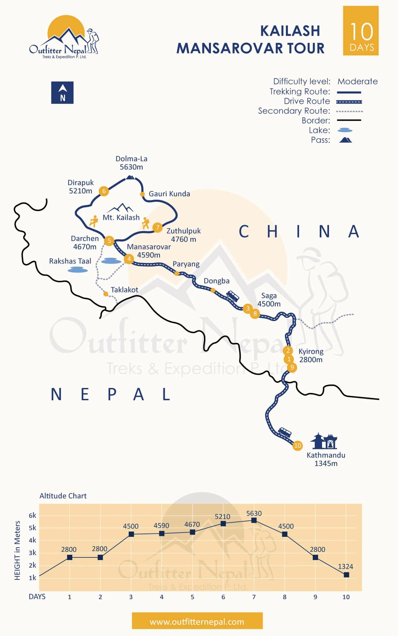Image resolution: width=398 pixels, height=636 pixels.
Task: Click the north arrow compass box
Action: click(x=62, y=93)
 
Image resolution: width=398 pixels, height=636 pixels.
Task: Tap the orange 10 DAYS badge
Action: click(x=361, y=31)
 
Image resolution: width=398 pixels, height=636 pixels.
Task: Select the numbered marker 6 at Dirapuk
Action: click(x=104, y=191)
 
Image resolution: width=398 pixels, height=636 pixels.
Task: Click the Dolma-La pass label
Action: click(x=131, y=163)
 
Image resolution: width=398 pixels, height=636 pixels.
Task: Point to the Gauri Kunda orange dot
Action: click(x=142, y=194)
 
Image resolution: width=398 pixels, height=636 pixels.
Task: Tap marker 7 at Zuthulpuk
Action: click(x=158, y=227)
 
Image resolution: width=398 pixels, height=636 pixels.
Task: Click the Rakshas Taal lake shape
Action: click(x=78, y=270)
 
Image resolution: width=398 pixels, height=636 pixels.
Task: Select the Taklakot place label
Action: click(x=124, y=290)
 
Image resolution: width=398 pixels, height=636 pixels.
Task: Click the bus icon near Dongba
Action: click(x=232, y=296)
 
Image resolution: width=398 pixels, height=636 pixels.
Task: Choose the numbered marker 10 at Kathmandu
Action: click(x=298, y=446)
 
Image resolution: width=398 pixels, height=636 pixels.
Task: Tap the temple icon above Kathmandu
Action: click(x=324, y=441)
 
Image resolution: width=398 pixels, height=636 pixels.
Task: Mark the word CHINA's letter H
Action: click(x=272, y=231)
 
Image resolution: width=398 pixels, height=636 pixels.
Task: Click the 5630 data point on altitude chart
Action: click(x=254, y=521)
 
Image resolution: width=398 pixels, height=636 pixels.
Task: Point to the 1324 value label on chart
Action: click(x=346, y=566)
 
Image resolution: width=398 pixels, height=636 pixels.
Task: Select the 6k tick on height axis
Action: click(x=33, y=516)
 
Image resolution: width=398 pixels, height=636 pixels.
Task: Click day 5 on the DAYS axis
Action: click(x=192, y=597)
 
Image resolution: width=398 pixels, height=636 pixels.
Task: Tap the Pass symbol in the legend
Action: click(x=345, y=140)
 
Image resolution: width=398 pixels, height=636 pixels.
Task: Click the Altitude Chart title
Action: click(x=63, y=496)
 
